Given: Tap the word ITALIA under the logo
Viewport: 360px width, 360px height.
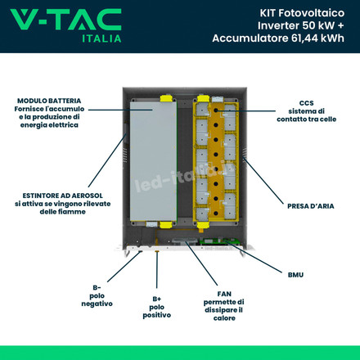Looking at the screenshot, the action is [101, 38].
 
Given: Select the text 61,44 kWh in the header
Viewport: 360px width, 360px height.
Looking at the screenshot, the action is [317, 38].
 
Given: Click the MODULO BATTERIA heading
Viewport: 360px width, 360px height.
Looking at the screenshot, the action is [49, 101].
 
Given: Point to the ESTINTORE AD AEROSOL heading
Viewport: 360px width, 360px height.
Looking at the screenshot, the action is [63, 196].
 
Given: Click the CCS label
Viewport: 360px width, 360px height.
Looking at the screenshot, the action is [307, 103].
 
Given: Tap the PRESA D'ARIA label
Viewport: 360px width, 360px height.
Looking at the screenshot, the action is [311, 206].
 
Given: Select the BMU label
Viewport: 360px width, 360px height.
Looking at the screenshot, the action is [295, 275].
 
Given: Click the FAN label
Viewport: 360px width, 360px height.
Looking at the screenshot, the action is [224, 294].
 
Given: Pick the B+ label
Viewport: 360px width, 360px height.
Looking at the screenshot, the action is [157, 299].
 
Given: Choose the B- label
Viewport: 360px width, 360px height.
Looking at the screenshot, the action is [97, 288].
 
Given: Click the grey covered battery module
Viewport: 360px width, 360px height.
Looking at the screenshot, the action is [153, 161].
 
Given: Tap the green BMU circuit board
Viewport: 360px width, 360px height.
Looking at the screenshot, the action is [220, 241].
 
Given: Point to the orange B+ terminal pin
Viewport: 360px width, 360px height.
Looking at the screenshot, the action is [157, 250].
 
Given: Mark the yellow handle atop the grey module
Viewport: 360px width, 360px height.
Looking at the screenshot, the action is [166, 98].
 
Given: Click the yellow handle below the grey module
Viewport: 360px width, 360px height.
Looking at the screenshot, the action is [166, 225].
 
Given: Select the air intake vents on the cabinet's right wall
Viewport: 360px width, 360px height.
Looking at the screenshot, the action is [245, 153].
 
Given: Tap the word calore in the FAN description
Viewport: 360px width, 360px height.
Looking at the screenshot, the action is [224, 318].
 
